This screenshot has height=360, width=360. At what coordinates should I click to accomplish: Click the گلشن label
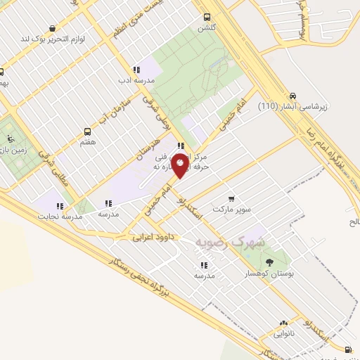click(x=207, y=29)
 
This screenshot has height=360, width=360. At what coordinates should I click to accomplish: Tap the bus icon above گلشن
click(x=207, y=18)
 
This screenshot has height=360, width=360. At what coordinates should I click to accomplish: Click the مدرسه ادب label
click(x=136, y=82)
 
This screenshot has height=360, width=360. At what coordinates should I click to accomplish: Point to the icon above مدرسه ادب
click(x=136, y=70)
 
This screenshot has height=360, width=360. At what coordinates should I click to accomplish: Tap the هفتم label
click(x=87, y=142)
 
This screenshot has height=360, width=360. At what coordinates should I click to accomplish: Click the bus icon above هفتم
click(x=87, y=131)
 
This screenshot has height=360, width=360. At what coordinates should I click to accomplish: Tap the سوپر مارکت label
click(x=233, y=191)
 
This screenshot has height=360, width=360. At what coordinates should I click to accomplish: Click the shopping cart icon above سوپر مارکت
click(x=232, y=180)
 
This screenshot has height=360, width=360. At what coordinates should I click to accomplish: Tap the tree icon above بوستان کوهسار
click(x=270, y=262)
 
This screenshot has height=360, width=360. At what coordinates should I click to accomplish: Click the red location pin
click(x=180, y=166)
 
